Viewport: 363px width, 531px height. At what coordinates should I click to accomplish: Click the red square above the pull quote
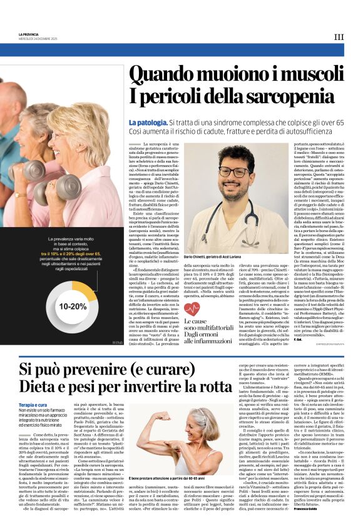[x=188, y=316]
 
